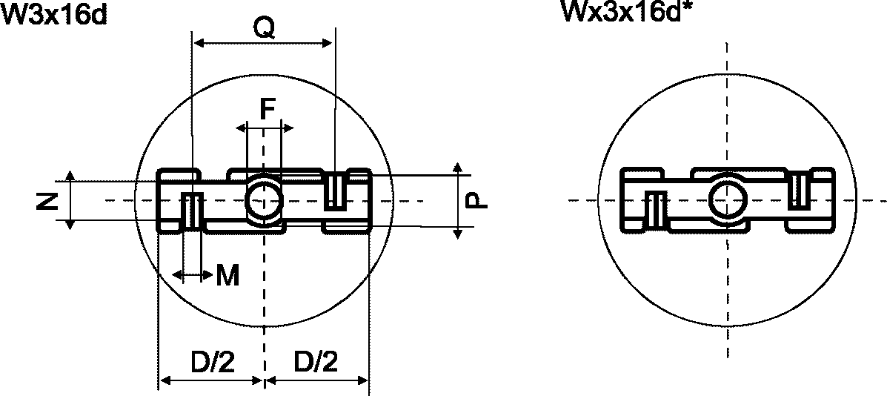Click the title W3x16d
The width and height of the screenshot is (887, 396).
pyautogui.click(x=54, y=13)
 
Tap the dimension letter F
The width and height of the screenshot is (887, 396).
pyautogui.click(x=268, y=109)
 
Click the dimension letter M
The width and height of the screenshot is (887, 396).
pyautogui.click(x=228, y=276)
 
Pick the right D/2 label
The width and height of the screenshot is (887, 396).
pyautogui.click(x=315, y=361)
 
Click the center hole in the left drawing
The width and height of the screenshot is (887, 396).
pyautogui.click(x=263, y=199)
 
